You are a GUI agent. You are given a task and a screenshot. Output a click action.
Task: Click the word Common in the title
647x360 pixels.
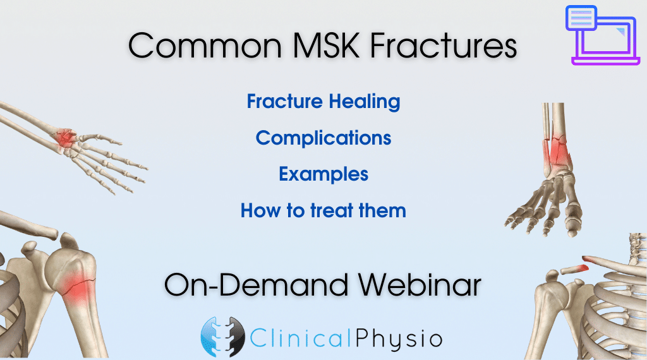tap(205, 45)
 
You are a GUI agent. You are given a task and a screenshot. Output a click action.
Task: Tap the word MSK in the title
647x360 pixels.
tap(326, 45)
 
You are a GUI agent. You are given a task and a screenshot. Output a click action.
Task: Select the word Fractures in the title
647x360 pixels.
tap(444, 45)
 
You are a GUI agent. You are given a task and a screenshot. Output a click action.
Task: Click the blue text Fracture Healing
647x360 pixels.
tap(323, 102)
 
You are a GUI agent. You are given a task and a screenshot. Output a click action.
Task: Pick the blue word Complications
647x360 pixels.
tap(323, 138)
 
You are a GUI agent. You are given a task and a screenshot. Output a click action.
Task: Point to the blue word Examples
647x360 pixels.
tap(323, 174)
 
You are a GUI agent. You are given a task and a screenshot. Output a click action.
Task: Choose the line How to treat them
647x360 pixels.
tap(323, 210)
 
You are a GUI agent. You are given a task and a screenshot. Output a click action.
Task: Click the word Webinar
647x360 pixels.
tap(420, 285)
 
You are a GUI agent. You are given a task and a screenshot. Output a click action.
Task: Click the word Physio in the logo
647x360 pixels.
tap(399, 339)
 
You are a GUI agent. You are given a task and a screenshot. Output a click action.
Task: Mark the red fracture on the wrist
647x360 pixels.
tap(65, 138)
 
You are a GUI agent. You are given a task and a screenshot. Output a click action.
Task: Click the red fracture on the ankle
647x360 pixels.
tap(556, 153)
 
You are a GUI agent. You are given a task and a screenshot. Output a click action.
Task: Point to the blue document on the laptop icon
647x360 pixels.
tap(581, 18)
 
